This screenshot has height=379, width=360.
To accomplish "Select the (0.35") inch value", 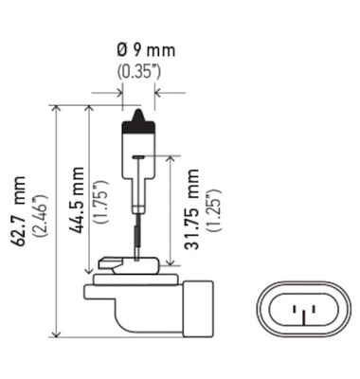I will tap(137, 69).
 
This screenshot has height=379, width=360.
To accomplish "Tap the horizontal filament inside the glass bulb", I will tap(139, 156).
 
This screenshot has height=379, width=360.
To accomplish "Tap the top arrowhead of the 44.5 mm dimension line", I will tap(88, 110).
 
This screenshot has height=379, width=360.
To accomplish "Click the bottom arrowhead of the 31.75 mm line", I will tap(172, 268).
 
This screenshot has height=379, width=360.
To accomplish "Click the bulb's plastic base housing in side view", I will tap(142, 303).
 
